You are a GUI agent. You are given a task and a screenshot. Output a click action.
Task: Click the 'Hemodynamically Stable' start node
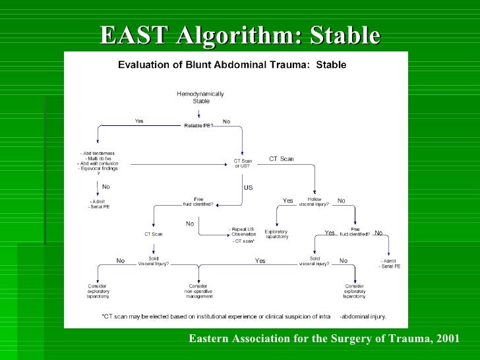point(200,98)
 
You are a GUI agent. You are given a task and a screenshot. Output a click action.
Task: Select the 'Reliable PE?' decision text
point(198,125)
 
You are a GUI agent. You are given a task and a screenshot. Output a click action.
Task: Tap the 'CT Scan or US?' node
point(243,163)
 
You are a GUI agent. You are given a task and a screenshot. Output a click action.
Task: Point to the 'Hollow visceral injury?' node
point(314,202)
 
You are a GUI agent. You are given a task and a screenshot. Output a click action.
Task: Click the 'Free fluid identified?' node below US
point(198,202)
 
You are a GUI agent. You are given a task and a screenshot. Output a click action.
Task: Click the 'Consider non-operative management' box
point(198,291)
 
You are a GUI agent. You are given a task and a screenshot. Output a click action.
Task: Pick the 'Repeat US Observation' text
point(241,232)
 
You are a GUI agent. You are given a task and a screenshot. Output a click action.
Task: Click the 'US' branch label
point(248,188)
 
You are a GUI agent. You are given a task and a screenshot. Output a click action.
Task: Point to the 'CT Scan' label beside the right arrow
point(282,158)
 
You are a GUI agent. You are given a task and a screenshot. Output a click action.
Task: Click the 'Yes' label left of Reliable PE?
point(139,121)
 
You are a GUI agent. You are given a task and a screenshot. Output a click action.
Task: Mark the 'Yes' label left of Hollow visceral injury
point(288,201)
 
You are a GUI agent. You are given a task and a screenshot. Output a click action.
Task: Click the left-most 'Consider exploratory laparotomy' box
point(98,291)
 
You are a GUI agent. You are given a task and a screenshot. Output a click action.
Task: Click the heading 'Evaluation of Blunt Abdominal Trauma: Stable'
point(231,65)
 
